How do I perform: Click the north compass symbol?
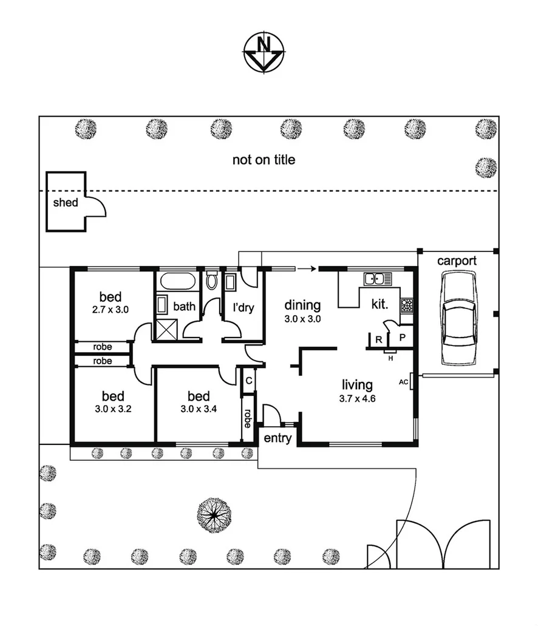[x=264, y=52]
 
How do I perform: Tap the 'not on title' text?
[x=264, y=160]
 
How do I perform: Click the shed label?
[x=66, y=202]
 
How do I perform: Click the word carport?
[x=457, y=261]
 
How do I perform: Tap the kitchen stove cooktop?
[x=407, y=305]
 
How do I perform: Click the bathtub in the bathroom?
[x=177, y=282]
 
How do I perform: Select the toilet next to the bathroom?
[x=211, y=281]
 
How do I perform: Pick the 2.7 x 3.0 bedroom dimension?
[x=111, y=309]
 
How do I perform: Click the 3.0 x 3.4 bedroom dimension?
[x=199, y=409]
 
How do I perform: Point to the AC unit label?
[x=403, y=383]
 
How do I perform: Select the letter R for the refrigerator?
[x=378, y=339]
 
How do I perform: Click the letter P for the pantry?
[x=402, y=336]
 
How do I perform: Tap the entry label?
[x=278, y=438]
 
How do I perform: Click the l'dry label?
[x=243, y=307]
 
